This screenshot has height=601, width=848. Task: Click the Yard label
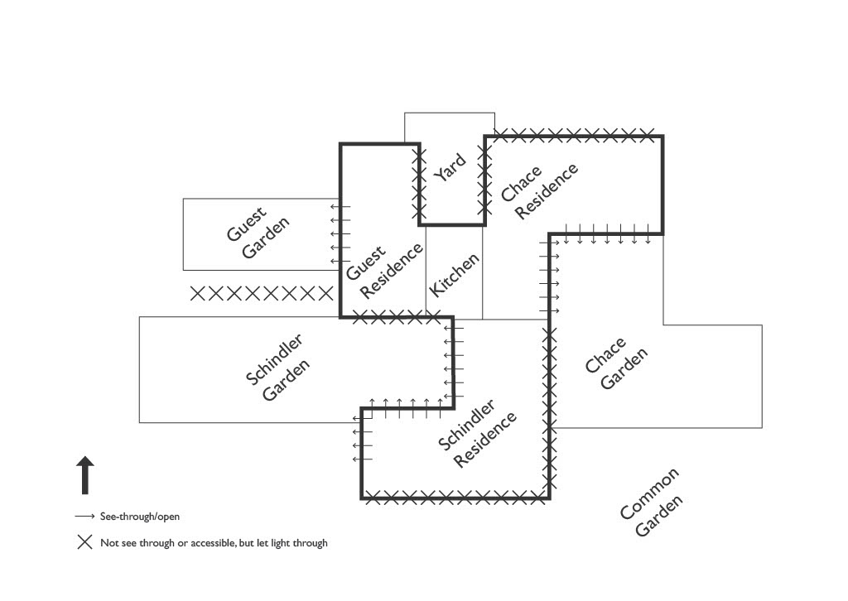[450, 167]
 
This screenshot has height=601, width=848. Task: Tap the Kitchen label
[454, 276]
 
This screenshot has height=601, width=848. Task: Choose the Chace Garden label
[615, 363]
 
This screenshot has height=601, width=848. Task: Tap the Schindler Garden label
[278, 368]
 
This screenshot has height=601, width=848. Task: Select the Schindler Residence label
[476, 434]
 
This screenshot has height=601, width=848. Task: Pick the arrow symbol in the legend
[84, 517]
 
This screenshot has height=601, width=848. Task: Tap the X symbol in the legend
[84, 543]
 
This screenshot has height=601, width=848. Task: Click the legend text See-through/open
[140, 517]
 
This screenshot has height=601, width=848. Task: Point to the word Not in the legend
[108, 543]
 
